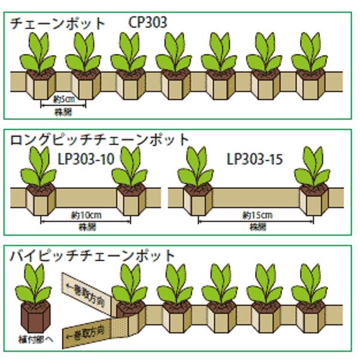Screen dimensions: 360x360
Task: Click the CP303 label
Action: pyautogui.click(x=148, y=23)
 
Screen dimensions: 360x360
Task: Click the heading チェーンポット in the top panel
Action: pyautogui.click(x=58, y=23)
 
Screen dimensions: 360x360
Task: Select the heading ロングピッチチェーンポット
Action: pyautogui.click(x=100, y=140)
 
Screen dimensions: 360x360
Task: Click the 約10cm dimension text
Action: pyautogui.click(x=85, y=215)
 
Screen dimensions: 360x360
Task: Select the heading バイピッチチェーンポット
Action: pyautogui.click(x=93, y=256)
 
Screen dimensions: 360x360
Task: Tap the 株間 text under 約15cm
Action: pyautogui.click(x=257, y=227)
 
